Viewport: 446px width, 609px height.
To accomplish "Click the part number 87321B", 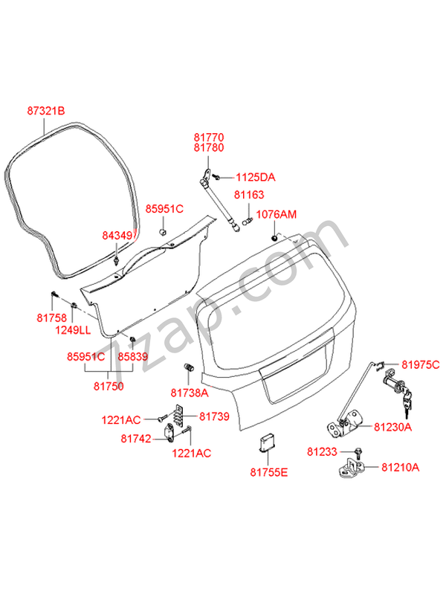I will point(46,112).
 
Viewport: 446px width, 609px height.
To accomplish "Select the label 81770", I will point(209,138).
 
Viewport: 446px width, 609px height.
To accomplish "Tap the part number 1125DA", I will point(256,177).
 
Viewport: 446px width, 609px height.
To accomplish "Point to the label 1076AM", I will point(276,215).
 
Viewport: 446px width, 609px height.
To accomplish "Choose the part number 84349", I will point(117,236).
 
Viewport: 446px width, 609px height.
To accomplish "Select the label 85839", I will point(134,357).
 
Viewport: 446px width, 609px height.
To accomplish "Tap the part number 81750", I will point(109,386).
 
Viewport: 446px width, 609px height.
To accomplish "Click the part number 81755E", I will point(268,471).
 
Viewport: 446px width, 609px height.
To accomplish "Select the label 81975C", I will point(421,364).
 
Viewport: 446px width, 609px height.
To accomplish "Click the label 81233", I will point(323,451).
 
